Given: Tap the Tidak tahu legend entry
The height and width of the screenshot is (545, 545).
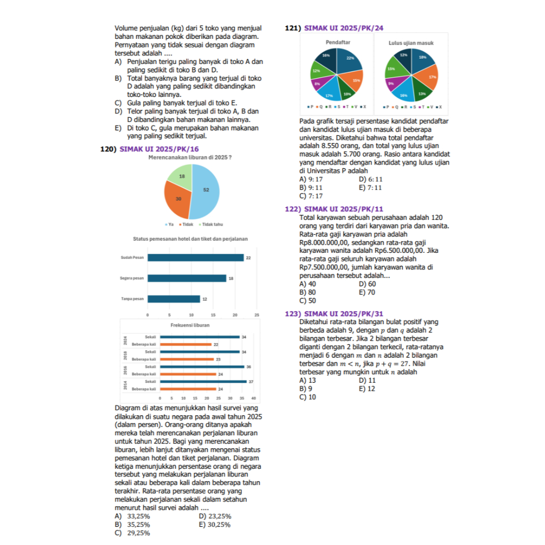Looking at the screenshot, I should pos(211,224).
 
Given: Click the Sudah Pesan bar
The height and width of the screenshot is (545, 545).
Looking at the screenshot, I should pos(195,258).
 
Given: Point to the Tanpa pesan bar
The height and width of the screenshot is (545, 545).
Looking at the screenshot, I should pos(174,299).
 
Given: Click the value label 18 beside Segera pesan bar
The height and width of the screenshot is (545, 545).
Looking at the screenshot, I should pos(231,278).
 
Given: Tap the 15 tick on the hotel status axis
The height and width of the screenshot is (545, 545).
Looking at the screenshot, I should pos(213,315).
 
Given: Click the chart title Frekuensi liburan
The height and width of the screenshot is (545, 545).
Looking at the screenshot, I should pos(190,325).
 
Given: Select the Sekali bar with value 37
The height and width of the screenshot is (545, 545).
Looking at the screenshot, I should pos(203,382).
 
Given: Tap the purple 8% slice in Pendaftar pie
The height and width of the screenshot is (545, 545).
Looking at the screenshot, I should pos(318,84).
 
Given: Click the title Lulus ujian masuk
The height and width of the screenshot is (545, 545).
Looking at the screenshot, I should pos(411,42).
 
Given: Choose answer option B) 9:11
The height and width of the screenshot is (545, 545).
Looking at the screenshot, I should pos(311,188).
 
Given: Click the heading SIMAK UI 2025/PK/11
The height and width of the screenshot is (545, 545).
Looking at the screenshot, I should pos(343,209).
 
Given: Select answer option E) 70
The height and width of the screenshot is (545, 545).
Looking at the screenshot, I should pos(367,292).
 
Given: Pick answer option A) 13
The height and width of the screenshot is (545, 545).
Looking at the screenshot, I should pos(308,381).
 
